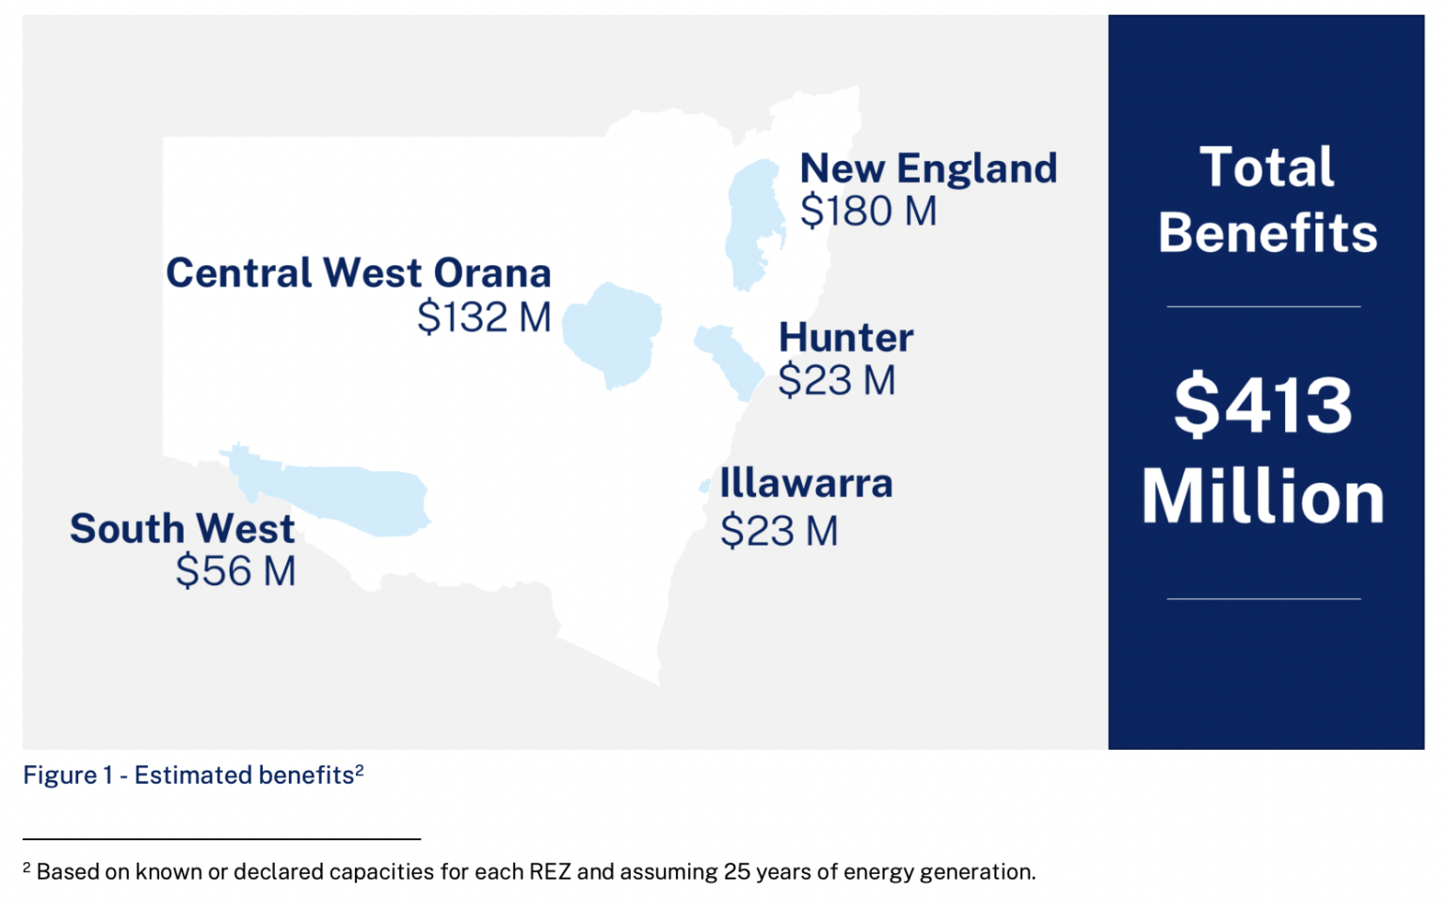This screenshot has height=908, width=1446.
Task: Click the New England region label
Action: (928, 169)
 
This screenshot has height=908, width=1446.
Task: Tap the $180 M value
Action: (868, 211)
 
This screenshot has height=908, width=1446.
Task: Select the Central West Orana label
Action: (359, 273)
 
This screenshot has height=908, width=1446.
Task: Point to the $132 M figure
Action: (484, 316)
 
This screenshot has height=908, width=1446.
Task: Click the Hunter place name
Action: (846, 338)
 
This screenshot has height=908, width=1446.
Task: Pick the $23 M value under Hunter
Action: (837, 380)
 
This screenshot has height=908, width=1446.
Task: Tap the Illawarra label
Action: (806, 483)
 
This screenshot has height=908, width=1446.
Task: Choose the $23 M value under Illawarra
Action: (779, 531)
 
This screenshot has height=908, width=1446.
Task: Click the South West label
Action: (183, 529)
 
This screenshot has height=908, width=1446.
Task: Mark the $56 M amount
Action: (235, 570)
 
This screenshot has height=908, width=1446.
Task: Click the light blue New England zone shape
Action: (754, 223)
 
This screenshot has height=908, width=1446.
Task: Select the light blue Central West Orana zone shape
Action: (612, 334)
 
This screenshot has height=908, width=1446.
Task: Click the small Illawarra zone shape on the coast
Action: (705, 486)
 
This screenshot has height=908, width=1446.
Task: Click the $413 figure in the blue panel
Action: (1263, 406)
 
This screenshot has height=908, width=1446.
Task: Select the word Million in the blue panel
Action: (1263, 496)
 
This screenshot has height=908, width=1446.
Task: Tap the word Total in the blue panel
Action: (1266, 167)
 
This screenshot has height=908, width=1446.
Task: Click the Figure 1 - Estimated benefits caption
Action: (193, 775)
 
